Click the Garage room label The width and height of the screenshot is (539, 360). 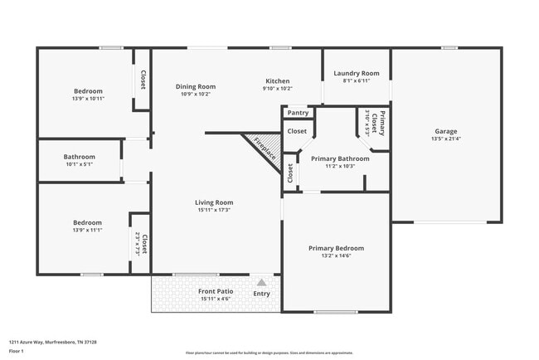pyautogui.click(x=445, y=131)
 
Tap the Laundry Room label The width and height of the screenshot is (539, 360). pyautogui.click(x=356, y=73)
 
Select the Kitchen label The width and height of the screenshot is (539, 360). pyautogui.click(x=277, y=80)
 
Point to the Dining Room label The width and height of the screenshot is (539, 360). pyautogui.click(x=196, y=86)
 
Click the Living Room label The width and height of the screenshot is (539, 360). pyautogui.click(x=214, y=202)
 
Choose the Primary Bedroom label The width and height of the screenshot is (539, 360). pyautogui.click(x=336, y=248)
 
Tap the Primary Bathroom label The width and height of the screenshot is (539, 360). pyautogui.click(x=339, y=158)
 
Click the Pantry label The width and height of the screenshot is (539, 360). pyautogui.click(x=298, y=113)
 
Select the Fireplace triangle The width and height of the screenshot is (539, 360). pyautogui.click(x=263, y=150)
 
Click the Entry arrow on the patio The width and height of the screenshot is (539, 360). pyautogui.click(x=261, y=283)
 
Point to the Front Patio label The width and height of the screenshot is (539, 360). pyautogui.click(x=215, y=291)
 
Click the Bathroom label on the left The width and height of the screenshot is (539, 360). pyautogui.click(x=80, y=157)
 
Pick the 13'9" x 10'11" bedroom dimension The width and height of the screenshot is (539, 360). pyautogui.click(x=88, y=99)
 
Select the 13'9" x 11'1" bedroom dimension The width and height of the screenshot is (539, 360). pyautogui.click(x=87, y=230)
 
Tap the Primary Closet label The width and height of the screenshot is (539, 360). pyautogui.click(x=382, y=121)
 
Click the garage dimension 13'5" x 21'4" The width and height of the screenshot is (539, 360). pyautogui.click(x=445, y=139)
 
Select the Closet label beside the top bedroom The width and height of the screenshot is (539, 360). pyautogui.click(x=143, y=80)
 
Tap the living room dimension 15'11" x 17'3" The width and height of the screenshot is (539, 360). pyautogui.click(x=214, y=210)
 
